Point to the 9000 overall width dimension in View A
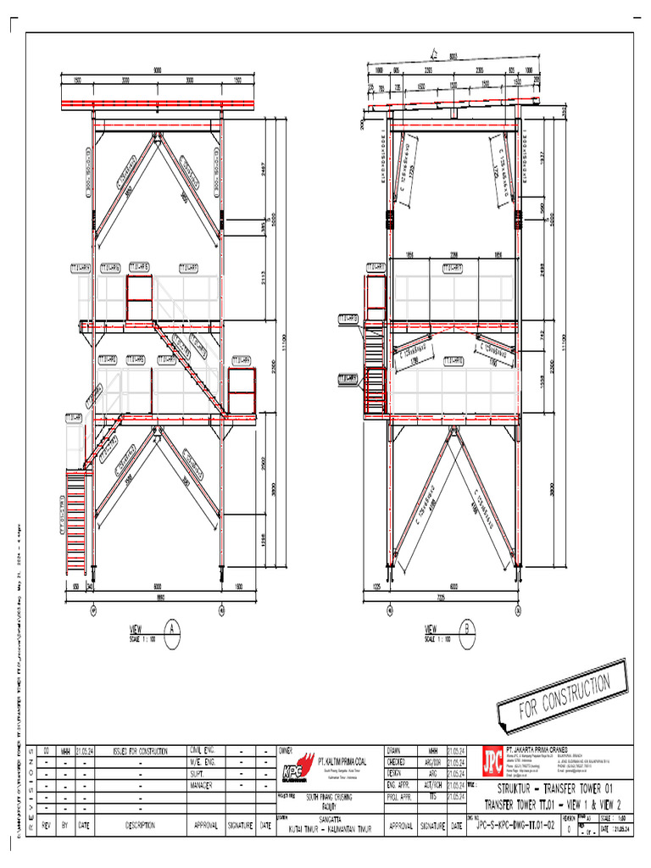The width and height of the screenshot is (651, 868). click(157, 70)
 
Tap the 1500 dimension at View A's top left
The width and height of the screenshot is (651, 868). click(78, 81)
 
